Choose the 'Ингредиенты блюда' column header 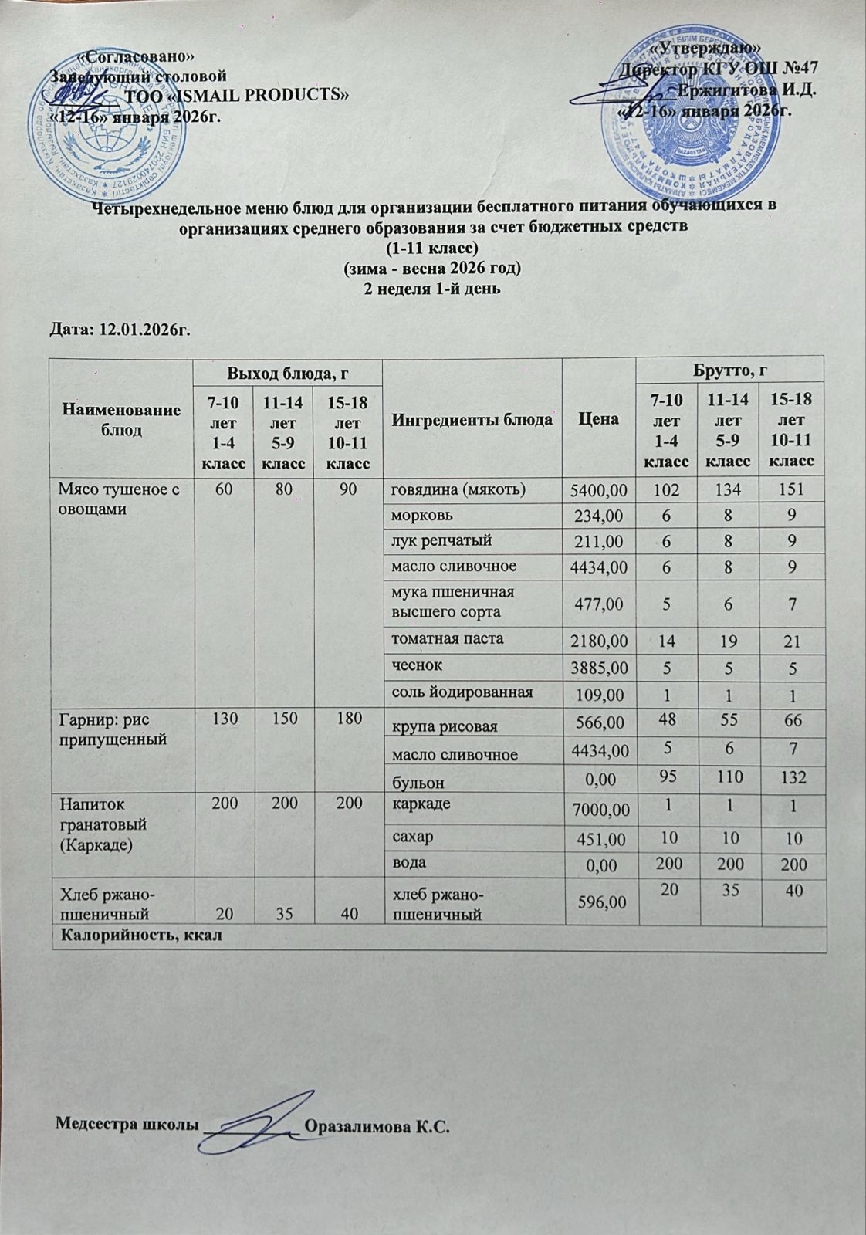[472, 420]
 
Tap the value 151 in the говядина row [792, 489]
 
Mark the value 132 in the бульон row [792, 777]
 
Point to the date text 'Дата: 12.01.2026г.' [120, 330]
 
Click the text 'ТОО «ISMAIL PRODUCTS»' [237, 96]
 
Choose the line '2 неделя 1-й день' [432, 289]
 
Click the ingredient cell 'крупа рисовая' [443, 726]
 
